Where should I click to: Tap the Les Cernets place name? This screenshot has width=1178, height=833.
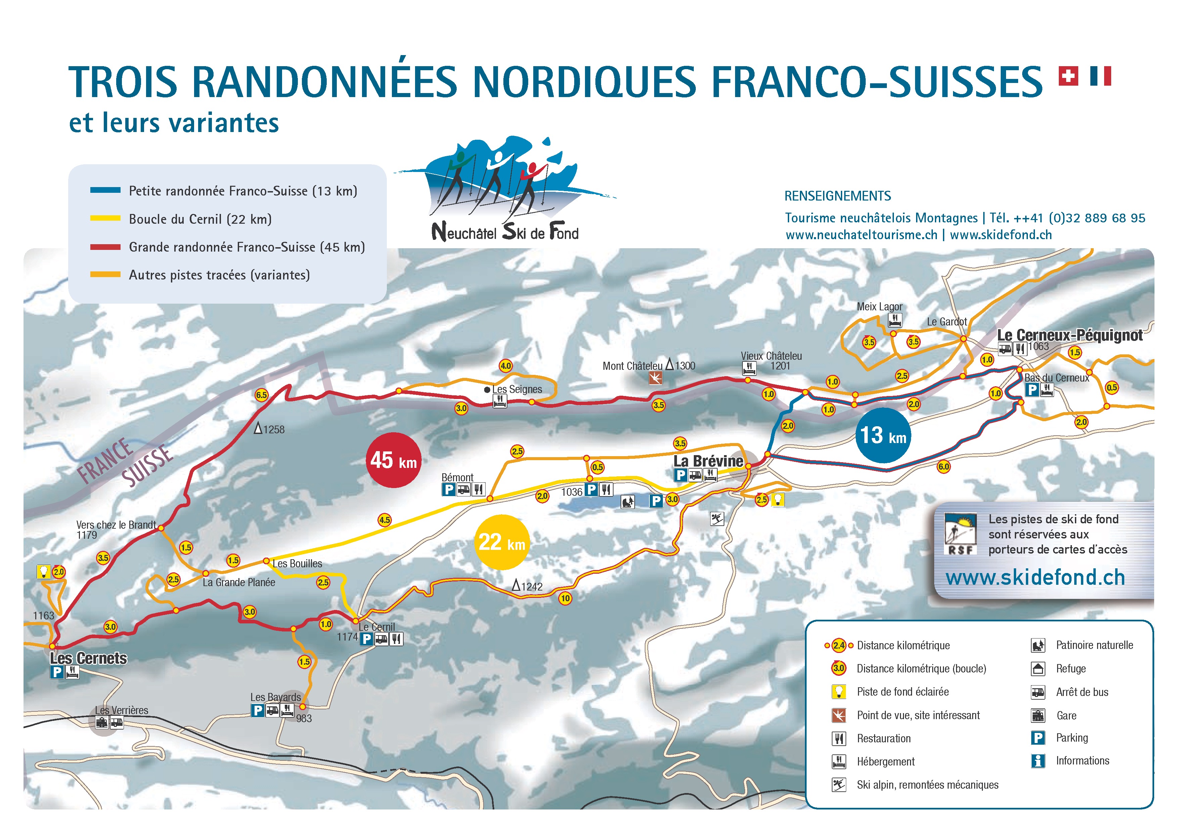(88, 658)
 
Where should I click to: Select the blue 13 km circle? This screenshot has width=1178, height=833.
(883, 435)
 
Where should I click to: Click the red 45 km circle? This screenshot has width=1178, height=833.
(394, 460)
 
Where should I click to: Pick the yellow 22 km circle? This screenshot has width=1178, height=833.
(501, 542)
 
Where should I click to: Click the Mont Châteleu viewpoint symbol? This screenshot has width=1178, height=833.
(655, 378)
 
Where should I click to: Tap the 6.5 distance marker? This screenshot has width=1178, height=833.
(261, 395)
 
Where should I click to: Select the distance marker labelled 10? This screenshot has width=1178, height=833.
(565, 598)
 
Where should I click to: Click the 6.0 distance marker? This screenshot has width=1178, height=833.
(944, 467)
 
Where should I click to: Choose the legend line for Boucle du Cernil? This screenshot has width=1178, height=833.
(105, 219)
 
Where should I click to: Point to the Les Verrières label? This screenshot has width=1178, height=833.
(122, 710)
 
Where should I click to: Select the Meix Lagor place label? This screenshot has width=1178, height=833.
(879, 306)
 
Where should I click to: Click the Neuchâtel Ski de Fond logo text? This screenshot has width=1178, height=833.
(505, 232)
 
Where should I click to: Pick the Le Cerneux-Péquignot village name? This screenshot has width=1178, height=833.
(1070, 335)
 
